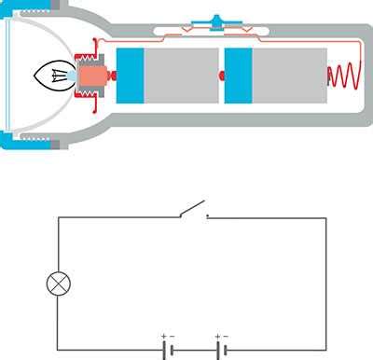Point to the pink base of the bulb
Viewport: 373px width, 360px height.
(92, 75)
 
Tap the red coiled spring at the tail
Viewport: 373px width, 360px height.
(342, 75)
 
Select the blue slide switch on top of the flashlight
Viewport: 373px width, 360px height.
(215, 21)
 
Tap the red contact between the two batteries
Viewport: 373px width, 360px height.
(220, 76)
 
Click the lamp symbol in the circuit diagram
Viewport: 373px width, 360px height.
(60, 281)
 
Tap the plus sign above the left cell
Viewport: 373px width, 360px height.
(163, 336)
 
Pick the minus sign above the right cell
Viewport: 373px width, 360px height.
(227, 336)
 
